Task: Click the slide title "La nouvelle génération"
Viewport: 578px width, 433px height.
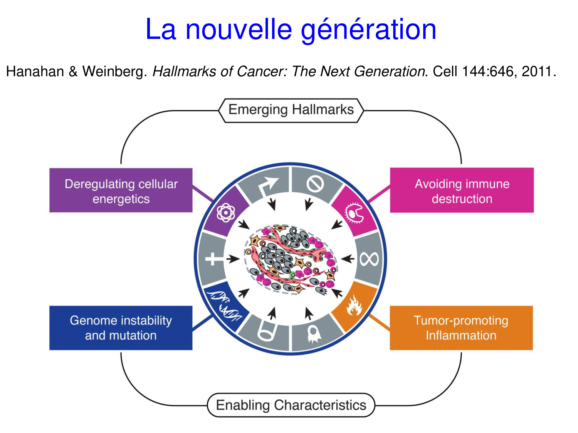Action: pyautogui.click(x=291, y=29)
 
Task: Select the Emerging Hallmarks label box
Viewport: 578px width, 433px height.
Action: pyautogui.click(x=291, y=110)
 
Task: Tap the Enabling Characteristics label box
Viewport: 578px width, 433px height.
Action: pyautogui.click(x=291, y=405)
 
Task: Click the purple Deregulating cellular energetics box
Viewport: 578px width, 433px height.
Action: pyautogui.click(x=121, y=191)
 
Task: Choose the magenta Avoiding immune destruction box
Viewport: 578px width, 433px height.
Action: pyautogui.click(x=462, y=191)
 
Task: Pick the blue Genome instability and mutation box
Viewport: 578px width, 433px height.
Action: pyautogui.click(x=121, y=328)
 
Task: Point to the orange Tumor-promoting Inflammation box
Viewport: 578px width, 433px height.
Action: pyautogui.click(x=461, y=328)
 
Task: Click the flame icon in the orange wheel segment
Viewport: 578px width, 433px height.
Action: pyautogui.click(x=354, y=306)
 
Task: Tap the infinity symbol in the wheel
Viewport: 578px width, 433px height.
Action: pyautogui.click(x=369, y=259)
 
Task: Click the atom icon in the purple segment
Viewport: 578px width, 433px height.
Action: pyautogui.click(x=226, y=212)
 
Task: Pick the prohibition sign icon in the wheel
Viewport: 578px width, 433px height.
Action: pyautogui.click(x=315, y=184)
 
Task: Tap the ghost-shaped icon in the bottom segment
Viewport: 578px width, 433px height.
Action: pyautogui.click(x=314, y=334)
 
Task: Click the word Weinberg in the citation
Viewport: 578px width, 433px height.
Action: pyautogui.click(x=114, y=72)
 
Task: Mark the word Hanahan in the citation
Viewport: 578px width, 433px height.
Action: pyautogui.click(x=35, y=72)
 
